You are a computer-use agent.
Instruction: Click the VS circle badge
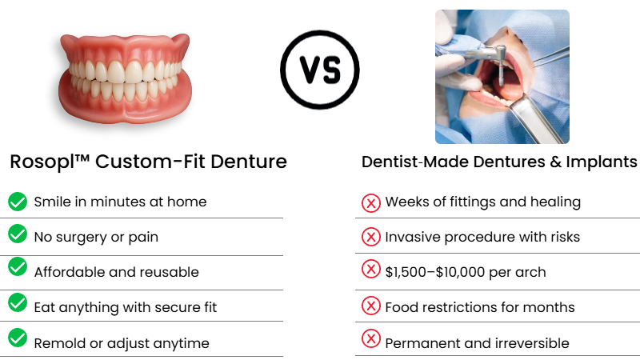[319, 69]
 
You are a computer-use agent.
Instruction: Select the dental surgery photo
[502, 77]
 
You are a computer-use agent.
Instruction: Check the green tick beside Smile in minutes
[18, 202]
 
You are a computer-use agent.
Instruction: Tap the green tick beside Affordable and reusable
[18, 270]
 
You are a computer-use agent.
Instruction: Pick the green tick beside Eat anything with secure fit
[18, 305]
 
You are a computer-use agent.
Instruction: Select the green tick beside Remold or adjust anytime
[18, 341]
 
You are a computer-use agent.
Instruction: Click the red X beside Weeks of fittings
[371, 202]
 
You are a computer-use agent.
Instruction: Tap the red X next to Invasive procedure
[371, 237]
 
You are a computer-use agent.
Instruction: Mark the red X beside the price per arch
[371, 270]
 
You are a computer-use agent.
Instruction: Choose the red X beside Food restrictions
[371, 306]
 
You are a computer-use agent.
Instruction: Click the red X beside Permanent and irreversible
[371, 340]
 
